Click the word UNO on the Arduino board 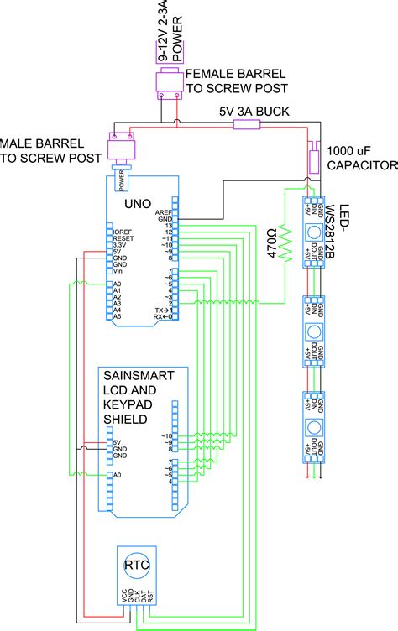pos(139,204)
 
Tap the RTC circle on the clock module pos(137,565)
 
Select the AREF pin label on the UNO pos(164,212)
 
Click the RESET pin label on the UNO pos(124,238)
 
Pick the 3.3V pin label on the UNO pos(122,244)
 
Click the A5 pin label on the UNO pos(118,316)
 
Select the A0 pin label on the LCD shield pos(118,476)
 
